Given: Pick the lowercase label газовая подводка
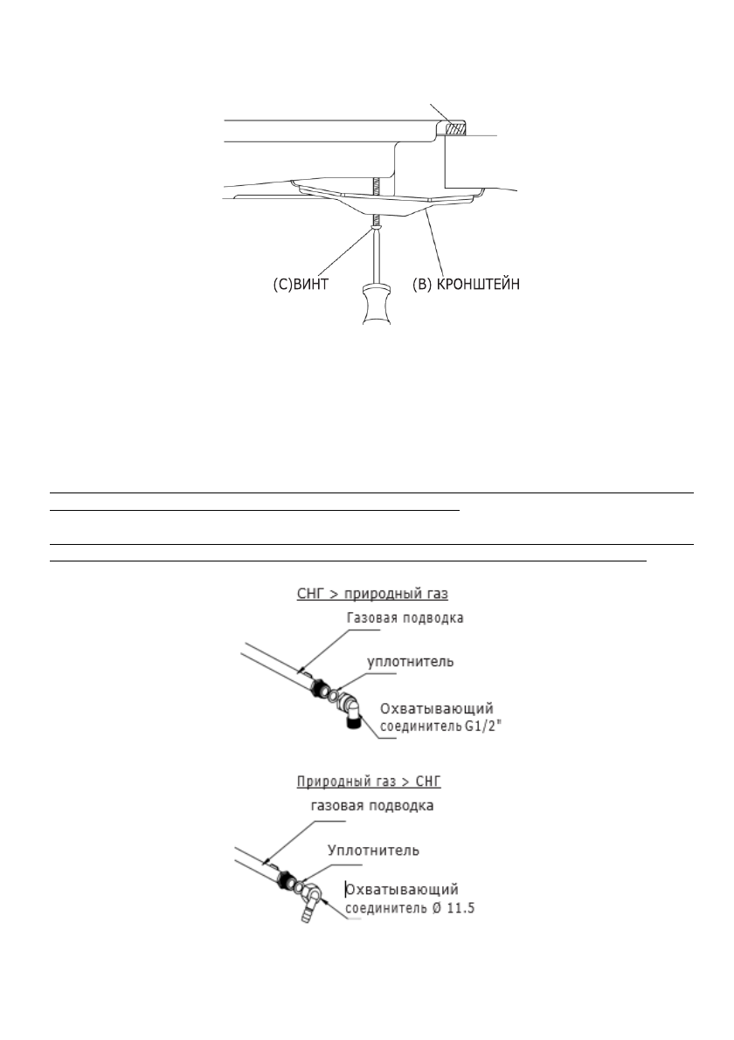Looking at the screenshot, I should click(x=371, y=807).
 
